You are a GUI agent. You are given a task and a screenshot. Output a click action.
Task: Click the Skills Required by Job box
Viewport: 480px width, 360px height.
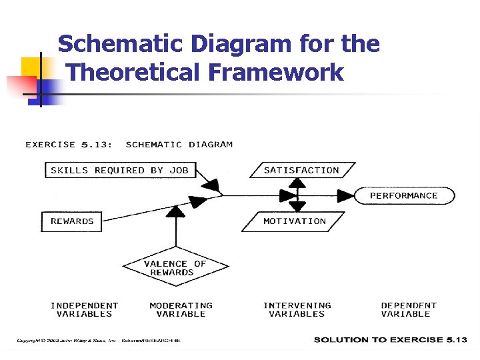tap(119, 170)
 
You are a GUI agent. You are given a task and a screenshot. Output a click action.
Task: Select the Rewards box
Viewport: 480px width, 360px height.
tap(72, 221)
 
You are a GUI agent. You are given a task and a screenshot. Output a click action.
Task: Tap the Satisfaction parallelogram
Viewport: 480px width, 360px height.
tap(301, 170)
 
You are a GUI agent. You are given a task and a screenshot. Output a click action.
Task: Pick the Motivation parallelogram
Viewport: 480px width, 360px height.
tap(294, 221)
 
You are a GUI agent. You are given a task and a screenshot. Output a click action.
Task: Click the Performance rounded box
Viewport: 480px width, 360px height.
tap(403, 195)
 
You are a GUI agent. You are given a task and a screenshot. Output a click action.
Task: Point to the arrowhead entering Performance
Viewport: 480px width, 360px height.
tap(346, 195)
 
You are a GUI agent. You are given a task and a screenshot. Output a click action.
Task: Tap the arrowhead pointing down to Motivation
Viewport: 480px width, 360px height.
tap(297, 205)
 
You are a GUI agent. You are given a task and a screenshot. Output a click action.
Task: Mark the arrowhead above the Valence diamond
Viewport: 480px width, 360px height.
tap(175, 211)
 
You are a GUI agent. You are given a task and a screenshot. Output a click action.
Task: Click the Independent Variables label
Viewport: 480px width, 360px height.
tap(85, 309)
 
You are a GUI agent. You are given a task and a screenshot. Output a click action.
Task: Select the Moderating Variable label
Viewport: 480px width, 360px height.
tap(181, 309)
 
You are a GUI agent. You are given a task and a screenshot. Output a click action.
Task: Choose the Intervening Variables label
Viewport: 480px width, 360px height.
tap(297, 309)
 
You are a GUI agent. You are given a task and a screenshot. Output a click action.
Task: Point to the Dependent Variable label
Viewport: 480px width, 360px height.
tap(409, 309)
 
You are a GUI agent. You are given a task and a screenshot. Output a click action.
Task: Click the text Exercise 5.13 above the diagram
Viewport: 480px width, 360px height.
tap(68, 144)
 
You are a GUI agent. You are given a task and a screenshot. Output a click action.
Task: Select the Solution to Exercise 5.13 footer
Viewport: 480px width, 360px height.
tap(390, 340)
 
